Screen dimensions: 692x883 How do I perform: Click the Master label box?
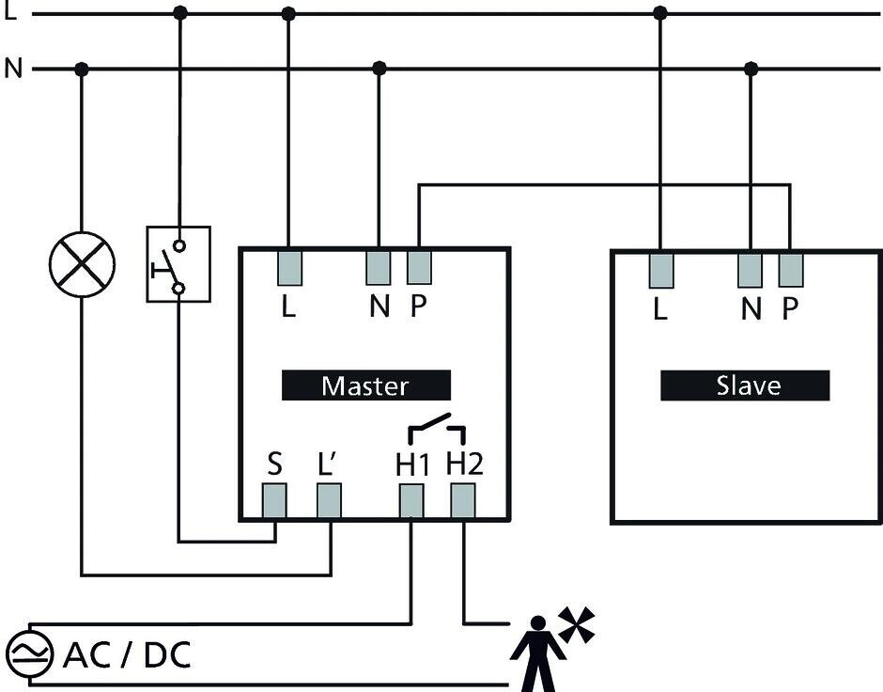click(365, 385)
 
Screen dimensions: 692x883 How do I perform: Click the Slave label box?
click(745, 385)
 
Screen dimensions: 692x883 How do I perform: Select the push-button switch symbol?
click(178, 264)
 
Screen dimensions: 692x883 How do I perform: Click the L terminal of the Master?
click(289, 267)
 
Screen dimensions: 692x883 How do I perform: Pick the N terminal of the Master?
click(379, 267)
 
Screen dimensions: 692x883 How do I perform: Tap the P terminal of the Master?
click(419, 267)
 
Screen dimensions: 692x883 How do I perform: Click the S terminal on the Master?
click(274, 501)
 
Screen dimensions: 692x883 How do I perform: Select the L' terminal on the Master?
click(329, 501)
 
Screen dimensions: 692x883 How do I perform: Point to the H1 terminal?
click(411, 501)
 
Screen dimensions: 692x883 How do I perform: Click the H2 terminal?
click(463, 501)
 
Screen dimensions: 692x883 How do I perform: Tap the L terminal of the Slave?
click(661, 270)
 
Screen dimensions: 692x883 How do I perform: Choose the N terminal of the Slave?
click(750, 270)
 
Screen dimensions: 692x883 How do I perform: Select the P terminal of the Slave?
click(791, 270)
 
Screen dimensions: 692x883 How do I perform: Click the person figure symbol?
click(537, 653)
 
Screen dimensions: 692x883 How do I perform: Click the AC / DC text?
click(127, 654)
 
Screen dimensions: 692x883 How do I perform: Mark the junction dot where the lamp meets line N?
click(82, 69)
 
